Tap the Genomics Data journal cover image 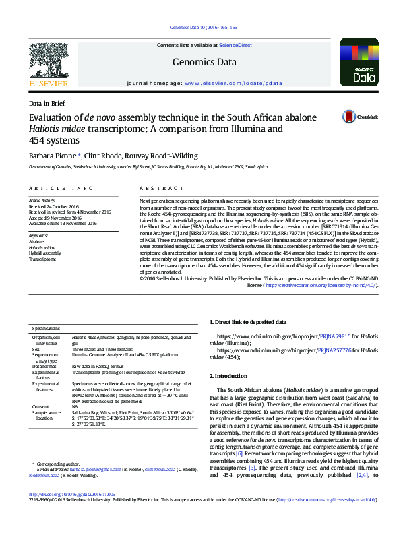coord(358,63)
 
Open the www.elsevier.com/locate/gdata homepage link coord(233,83)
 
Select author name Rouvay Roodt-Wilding coord(165,156)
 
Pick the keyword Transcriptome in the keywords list coord(43,259)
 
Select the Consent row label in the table coord(41,407)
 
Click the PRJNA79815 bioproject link coord(334,335)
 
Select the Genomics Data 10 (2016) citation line coord(200,28)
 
